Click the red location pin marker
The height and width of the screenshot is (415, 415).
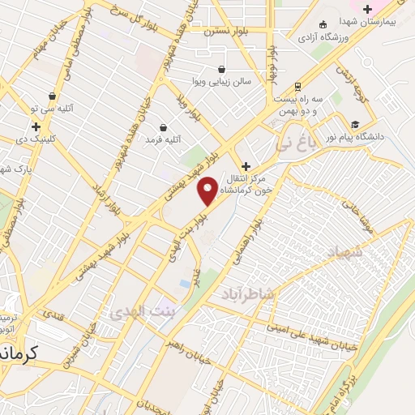[x=208, y=191]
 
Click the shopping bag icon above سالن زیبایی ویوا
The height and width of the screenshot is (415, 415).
[x=223, y=70]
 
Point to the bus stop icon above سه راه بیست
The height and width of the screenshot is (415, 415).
[x=297, y=85]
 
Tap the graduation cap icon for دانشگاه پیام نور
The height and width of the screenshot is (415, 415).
[x=354, y=125]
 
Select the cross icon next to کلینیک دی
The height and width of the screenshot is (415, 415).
[x=36, y=126]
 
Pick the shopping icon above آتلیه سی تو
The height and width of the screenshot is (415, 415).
[x=53, y=96]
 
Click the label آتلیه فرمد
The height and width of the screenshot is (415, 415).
[x=159, y=140]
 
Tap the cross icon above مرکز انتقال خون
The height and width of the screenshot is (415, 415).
[x=246, y=165]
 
